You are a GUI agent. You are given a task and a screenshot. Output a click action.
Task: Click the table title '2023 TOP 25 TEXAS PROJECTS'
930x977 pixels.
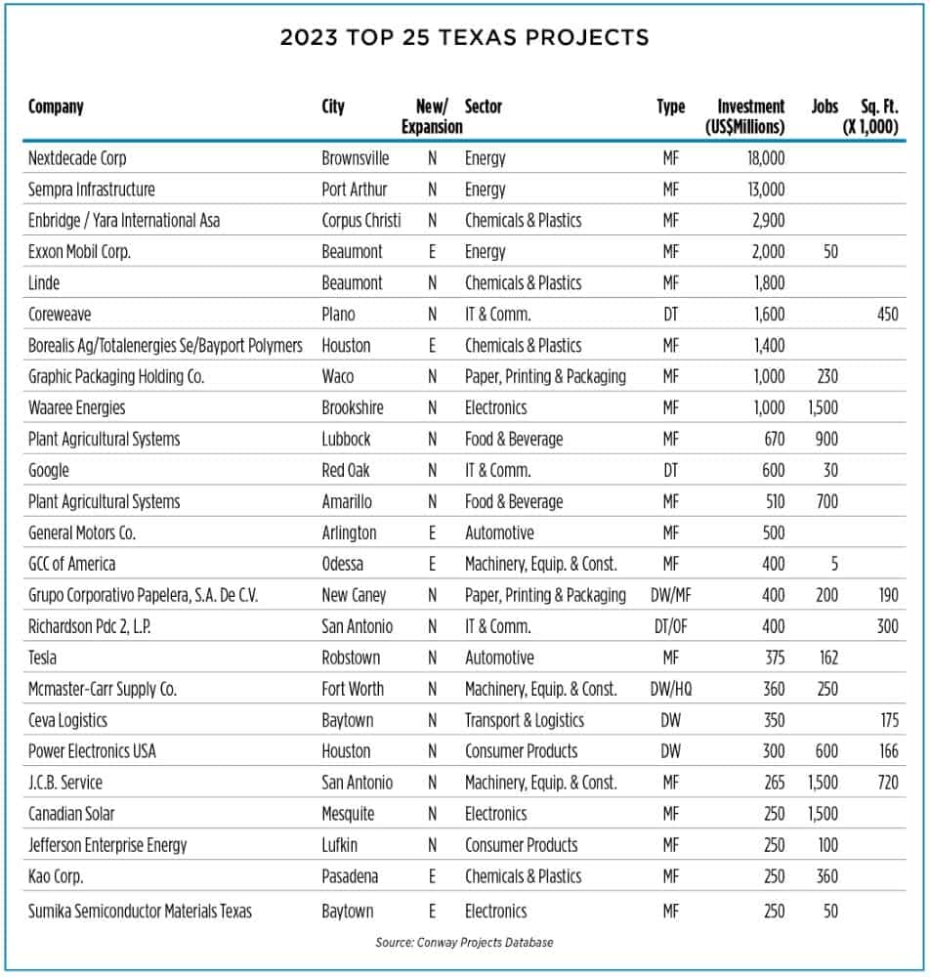point(464,38)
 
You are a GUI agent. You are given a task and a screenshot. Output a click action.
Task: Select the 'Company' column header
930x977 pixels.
point(56,106)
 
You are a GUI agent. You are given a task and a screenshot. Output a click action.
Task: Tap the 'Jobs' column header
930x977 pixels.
point(824,106)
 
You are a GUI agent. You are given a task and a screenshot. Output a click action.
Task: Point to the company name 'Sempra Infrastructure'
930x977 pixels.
point(91,190)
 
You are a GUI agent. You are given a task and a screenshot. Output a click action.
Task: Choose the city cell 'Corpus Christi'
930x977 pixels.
point(360,221)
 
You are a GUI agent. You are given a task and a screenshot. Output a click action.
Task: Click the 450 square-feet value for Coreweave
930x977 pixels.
point(887,315)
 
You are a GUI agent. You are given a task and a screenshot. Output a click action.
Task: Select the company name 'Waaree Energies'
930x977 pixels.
point(77,407)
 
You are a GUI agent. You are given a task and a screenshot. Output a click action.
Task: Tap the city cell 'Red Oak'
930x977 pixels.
point(346,470)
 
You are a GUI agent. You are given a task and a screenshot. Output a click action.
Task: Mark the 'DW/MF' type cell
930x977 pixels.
point(671,595)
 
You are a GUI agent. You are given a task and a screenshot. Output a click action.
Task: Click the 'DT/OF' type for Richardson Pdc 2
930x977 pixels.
point(671,626)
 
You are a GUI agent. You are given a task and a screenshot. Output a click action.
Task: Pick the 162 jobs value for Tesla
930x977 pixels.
point(825,658)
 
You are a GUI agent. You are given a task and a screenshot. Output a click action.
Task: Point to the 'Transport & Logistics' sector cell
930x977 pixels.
point(524,720)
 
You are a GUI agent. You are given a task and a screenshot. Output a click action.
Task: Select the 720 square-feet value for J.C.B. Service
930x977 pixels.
point(887,783)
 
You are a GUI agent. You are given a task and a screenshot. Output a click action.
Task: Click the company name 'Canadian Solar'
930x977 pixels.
point(72,814)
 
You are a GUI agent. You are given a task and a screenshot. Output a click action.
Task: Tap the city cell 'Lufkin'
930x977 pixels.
point(341,845)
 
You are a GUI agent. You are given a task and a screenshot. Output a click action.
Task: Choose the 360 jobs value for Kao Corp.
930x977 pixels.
point(826,876)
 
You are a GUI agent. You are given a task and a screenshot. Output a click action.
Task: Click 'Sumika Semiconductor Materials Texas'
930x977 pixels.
point(140,911)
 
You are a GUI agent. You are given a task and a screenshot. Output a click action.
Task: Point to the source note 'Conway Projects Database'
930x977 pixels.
point(464,943)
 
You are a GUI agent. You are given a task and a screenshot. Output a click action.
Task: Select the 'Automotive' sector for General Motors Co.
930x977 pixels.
point(499,532)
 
